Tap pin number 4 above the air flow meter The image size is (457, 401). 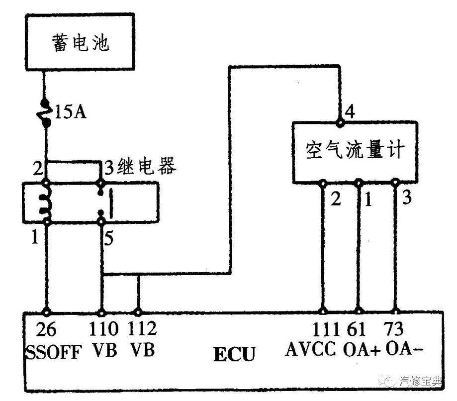click(x=350, y=111)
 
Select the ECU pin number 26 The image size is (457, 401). click(x=46, y=329)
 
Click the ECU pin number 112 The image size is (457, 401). click(x=142, y=329)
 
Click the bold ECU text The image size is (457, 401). click(x=234, y=355)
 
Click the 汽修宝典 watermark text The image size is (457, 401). click(x=420, y=382)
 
